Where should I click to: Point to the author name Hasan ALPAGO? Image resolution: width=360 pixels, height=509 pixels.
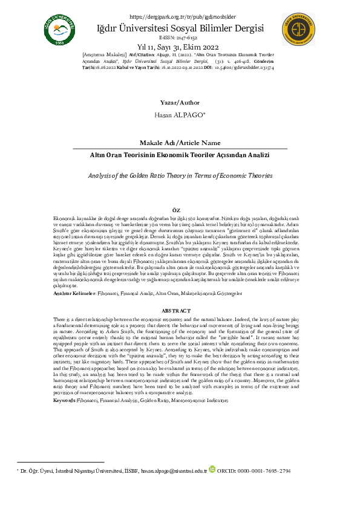(x=180, y=114)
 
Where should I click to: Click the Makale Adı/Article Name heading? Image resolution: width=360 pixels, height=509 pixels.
(x=180, y=143)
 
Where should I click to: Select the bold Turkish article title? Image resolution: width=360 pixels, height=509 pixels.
(x=180, y=155)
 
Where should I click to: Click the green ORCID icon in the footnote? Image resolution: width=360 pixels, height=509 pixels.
(x=212, y=469)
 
